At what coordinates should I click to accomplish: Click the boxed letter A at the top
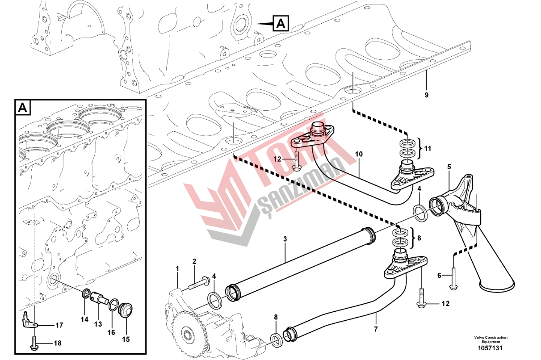281,23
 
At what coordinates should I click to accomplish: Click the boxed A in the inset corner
23,107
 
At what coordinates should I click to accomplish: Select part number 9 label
427,95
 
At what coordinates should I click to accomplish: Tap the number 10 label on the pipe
359,154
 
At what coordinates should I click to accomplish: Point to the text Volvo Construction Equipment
491,339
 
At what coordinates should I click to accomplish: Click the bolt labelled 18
34,343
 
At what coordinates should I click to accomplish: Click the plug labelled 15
126,310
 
